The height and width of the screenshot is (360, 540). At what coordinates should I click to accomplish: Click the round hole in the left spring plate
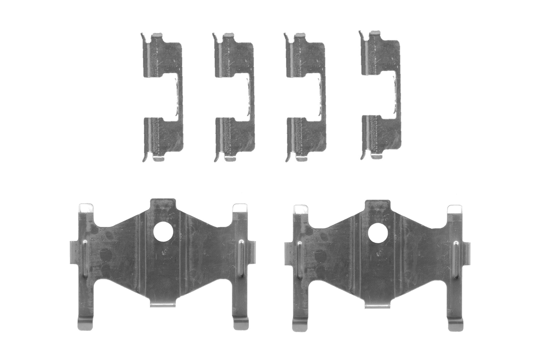(163, 231)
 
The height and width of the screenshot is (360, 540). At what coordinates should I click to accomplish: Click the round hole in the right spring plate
(378, 233)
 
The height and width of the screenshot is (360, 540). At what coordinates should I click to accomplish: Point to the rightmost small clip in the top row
(381, 95)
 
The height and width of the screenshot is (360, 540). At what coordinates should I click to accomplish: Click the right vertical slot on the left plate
(241, 258)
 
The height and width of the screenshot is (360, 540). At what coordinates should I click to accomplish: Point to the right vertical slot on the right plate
(456, 260)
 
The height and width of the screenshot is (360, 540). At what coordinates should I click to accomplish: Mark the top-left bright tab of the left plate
(86, 208)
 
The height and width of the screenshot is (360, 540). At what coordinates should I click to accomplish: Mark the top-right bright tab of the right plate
(454, 209)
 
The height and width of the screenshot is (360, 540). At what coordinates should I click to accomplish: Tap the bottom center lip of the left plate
(163, 304)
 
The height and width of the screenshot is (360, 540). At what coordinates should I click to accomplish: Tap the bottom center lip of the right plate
(377, 305)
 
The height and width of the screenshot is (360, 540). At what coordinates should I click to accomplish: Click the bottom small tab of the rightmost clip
(376, 156)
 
